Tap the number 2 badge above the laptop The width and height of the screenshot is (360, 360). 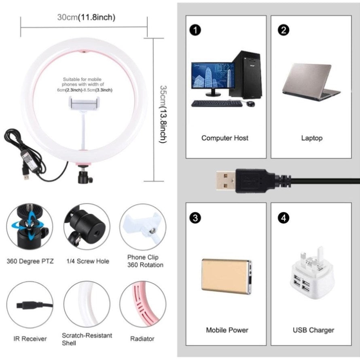pyautogui.click(x=284, y=30)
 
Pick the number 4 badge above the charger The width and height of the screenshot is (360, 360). pyautogui.click(x=284, y=218)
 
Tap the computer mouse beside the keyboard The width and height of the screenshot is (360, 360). pyautogui.click(x=250, y=104)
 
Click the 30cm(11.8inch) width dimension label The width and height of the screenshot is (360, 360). pyautogui.click(x=86, y=17)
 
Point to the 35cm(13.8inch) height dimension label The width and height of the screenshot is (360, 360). pyautogui.click(x=163, y=114)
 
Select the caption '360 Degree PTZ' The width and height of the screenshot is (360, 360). pyautogui.click(x=30, y=261)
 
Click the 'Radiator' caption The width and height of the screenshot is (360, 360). pyautogui.click(x=142, y=339)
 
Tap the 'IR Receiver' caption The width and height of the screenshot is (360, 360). pyautogui.click(x=30, y=339)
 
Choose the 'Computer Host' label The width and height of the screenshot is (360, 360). pyautogui.click(x=225, y=138)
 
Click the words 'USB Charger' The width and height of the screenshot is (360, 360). pyautogui.click(x=313, y=330)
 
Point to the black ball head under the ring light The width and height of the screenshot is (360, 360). pyautogui.click(x=85, y=176)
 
